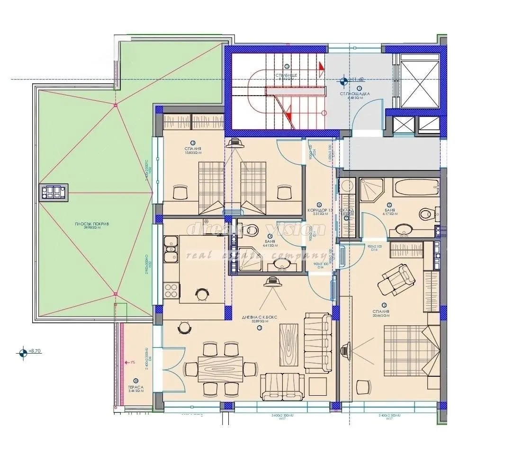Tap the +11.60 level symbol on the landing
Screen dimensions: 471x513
click(x=344, y=81)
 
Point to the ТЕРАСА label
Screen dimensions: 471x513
click(x=135, y=387)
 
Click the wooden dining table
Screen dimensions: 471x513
click(x=221, y=369)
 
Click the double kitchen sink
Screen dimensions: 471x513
click(x=171, y=250)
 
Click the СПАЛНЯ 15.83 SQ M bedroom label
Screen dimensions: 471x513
click(x=193, y=151)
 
